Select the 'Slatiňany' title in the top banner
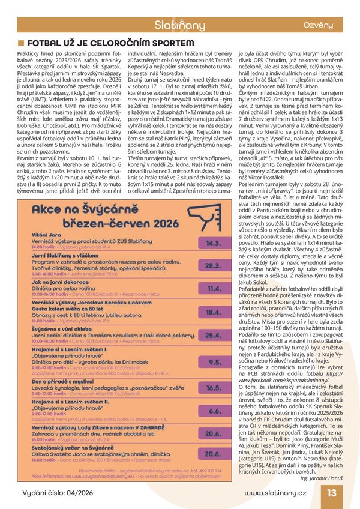pos(180,25)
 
